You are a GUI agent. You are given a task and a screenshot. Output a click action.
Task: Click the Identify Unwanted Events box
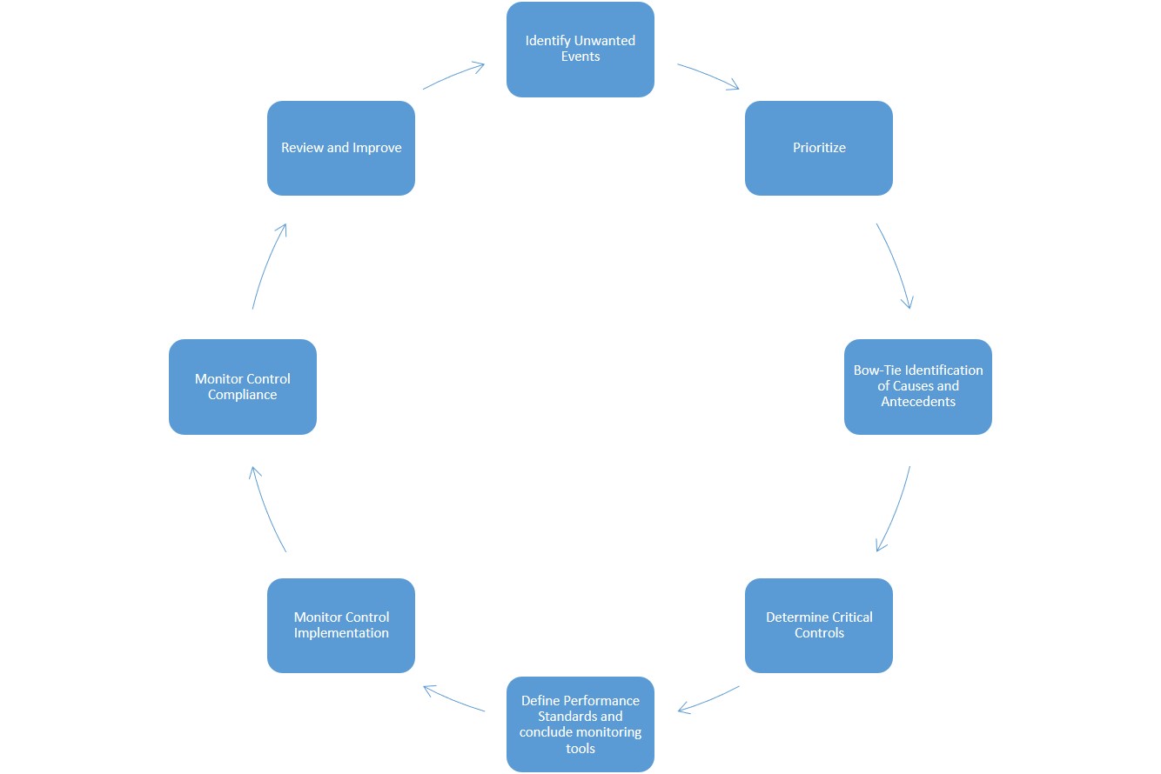580,49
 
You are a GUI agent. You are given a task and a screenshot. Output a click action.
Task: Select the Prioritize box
818,148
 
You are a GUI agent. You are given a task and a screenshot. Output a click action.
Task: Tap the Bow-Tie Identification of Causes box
917,386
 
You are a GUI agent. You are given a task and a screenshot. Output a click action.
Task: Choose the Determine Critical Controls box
818,624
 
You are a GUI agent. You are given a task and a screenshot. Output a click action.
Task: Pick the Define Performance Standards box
580,724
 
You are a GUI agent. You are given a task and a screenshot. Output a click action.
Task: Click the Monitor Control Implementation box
340,624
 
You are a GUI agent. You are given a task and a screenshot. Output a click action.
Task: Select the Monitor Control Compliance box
242,386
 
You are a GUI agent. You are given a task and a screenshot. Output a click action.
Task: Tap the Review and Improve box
340,148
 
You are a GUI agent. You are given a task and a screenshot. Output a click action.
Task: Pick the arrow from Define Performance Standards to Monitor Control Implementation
453,699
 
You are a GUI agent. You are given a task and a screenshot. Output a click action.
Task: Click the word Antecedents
917,402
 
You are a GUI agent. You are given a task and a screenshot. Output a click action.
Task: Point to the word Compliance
242,395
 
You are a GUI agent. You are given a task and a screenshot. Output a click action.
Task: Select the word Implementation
340,633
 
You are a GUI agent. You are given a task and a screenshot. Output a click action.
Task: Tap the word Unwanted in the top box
603,41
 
